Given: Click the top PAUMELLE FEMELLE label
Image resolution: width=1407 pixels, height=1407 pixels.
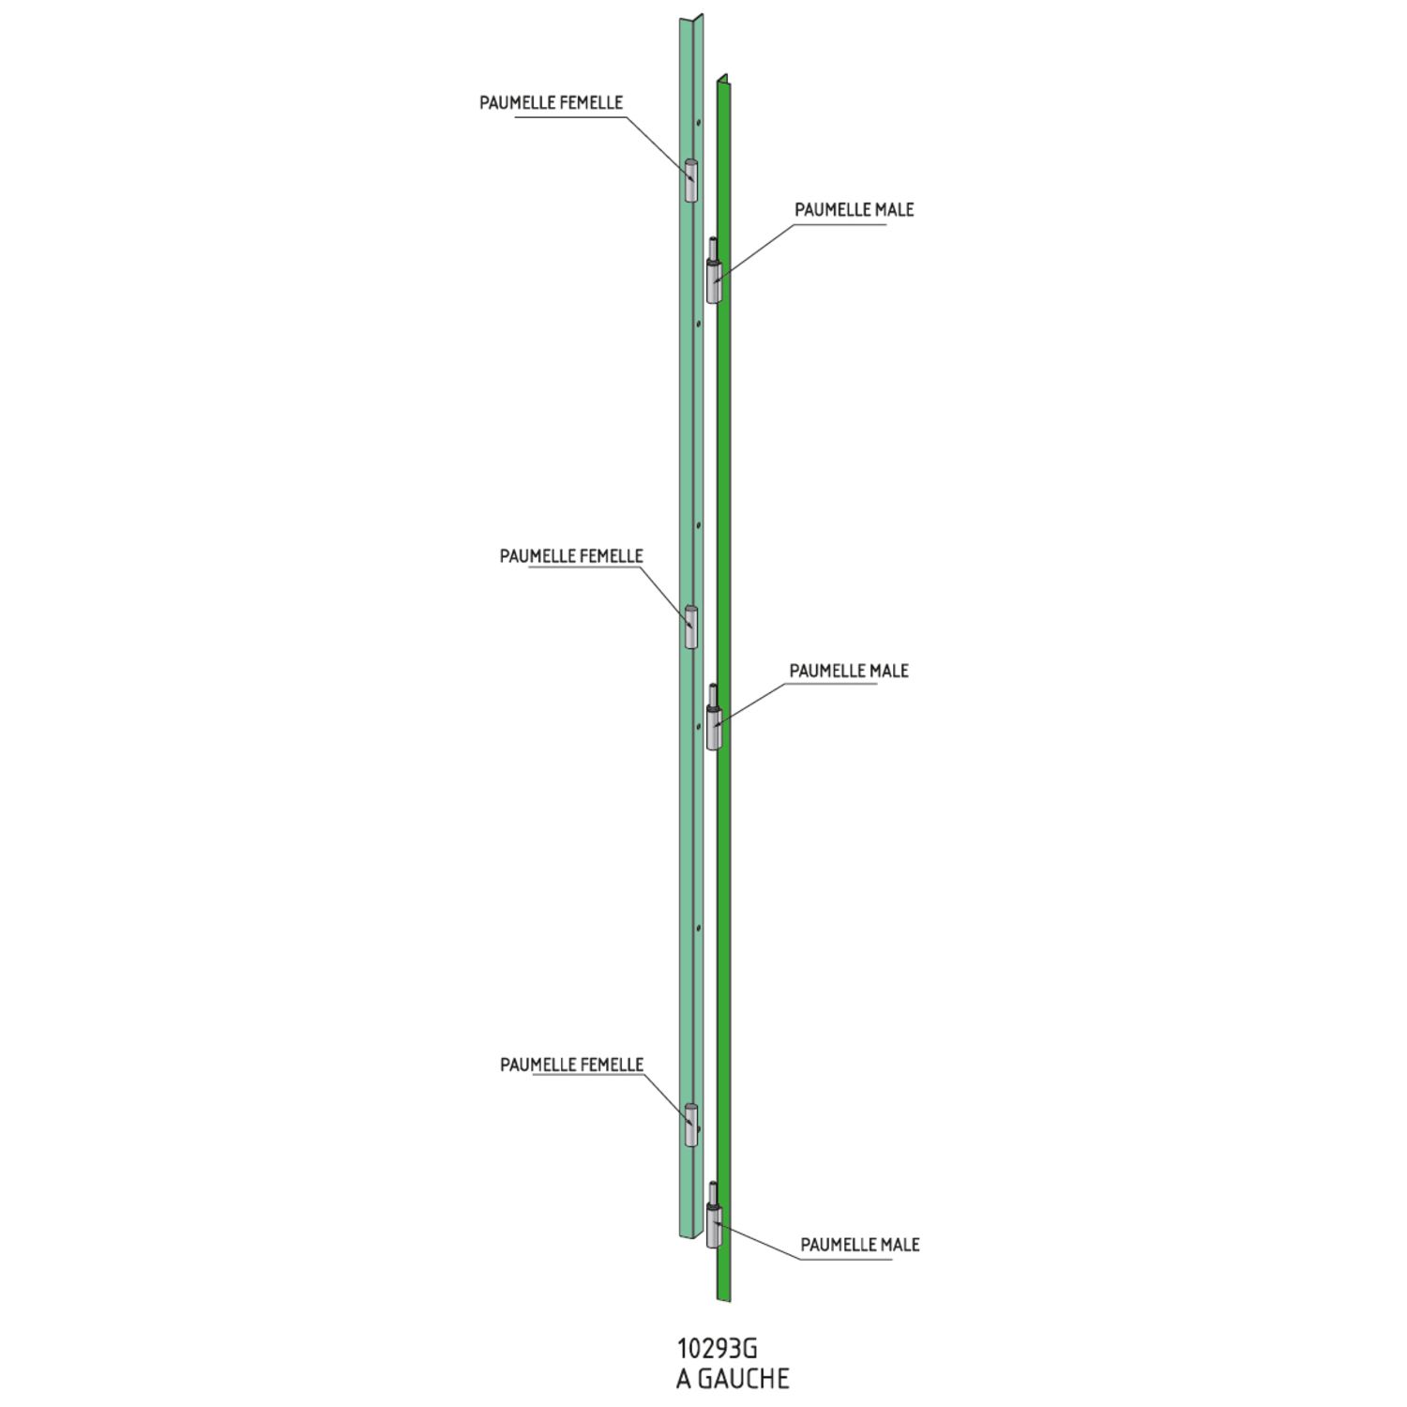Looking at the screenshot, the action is (551, 103).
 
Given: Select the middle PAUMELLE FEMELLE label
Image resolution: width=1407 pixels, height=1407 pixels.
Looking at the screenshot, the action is (571, 556).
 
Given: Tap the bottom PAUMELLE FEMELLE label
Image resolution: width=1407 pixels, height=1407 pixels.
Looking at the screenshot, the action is (571, 1065).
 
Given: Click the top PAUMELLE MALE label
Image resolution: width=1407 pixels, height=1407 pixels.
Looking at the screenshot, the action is (854, 210).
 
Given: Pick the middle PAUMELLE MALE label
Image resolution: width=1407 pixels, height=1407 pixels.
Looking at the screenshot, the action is (849, 672).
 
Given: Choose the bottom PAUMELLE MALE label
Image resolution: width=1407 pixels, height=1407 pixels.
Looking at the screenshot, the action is (860, 1245).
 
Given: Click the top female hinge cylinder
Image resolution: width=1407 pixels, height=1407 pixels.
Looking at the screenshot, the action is (690, 181).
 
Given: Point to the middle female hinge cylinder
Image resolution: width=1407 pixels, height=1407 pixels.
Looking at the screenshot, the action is (690, 627).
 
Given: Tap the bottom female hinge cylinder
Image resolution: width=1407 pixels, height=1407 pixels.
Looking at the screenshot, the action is (690, 1125).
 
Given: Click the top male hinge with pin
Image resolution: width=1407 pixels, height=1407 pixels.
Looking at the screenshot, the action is (714, 270).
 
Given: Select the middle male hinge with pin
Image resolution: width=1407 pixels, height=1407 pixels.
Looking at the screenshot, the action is (714, 717).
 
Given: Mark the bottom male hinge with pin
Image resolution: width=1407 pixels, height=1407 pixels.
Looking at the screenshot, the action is (714, 1216).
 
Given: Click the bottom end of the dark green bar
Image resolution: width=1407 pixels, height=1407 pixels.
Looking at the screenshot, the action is (723, 1300).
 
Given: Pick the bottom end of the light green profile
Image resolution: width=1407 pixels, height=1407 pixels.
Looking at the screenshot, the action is (690, 1233).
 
